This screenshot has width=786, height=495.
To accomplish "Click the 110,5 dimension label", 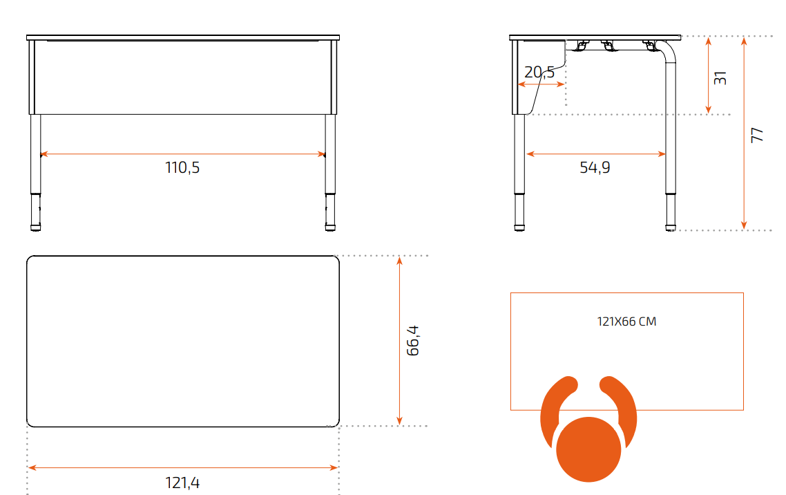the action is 182,167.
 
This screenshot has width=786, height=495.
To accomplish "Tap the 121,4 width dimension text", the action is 182,483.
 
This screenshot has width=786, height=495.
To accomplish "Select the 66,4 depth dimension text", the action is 412,341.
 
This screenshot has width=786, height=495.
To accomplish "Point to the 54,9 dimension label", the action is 595,167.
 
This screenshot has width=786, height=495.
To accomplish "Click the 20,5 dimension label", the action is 539,72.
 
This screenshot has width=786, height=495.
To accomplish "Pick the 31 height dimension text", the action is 720,78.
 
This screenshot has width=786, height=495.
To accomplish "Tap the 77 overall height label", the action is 757,135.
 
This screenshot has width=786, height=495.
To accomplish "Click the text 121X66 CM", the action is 626,321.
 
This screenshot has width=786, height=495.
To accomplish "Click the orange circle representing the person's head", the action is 588,449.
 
